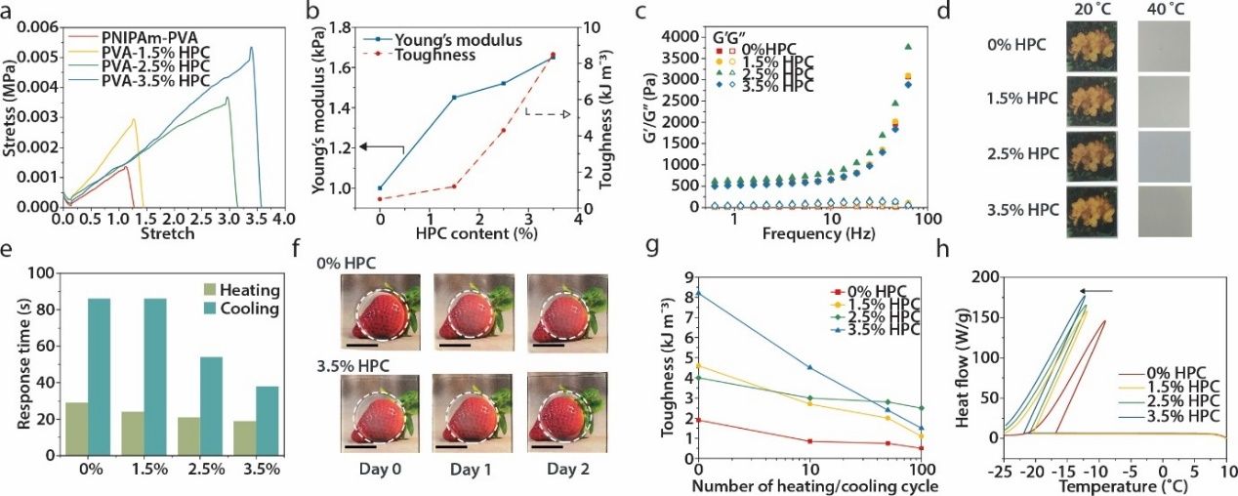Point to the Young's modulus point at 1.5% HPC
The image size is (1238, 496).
click(x=454, y=97)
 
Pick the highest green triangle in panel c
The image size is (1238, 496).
click(x=908, y=46)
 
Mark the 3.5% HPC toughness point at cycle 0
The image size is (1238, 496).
click(x=698, y=293)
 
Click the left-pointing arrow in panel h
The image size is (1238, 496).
click(x=1097, y=290)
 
